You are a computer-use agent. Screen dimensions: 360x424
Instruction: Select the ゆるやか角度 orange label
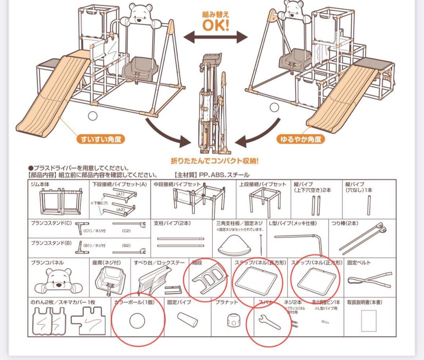(301, 139)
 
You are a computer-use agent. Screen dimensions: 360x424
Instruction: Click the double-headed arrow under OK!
(216, 38)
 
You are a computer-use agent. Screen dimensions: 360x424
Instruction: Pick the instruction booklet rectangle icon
(368, 320)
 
